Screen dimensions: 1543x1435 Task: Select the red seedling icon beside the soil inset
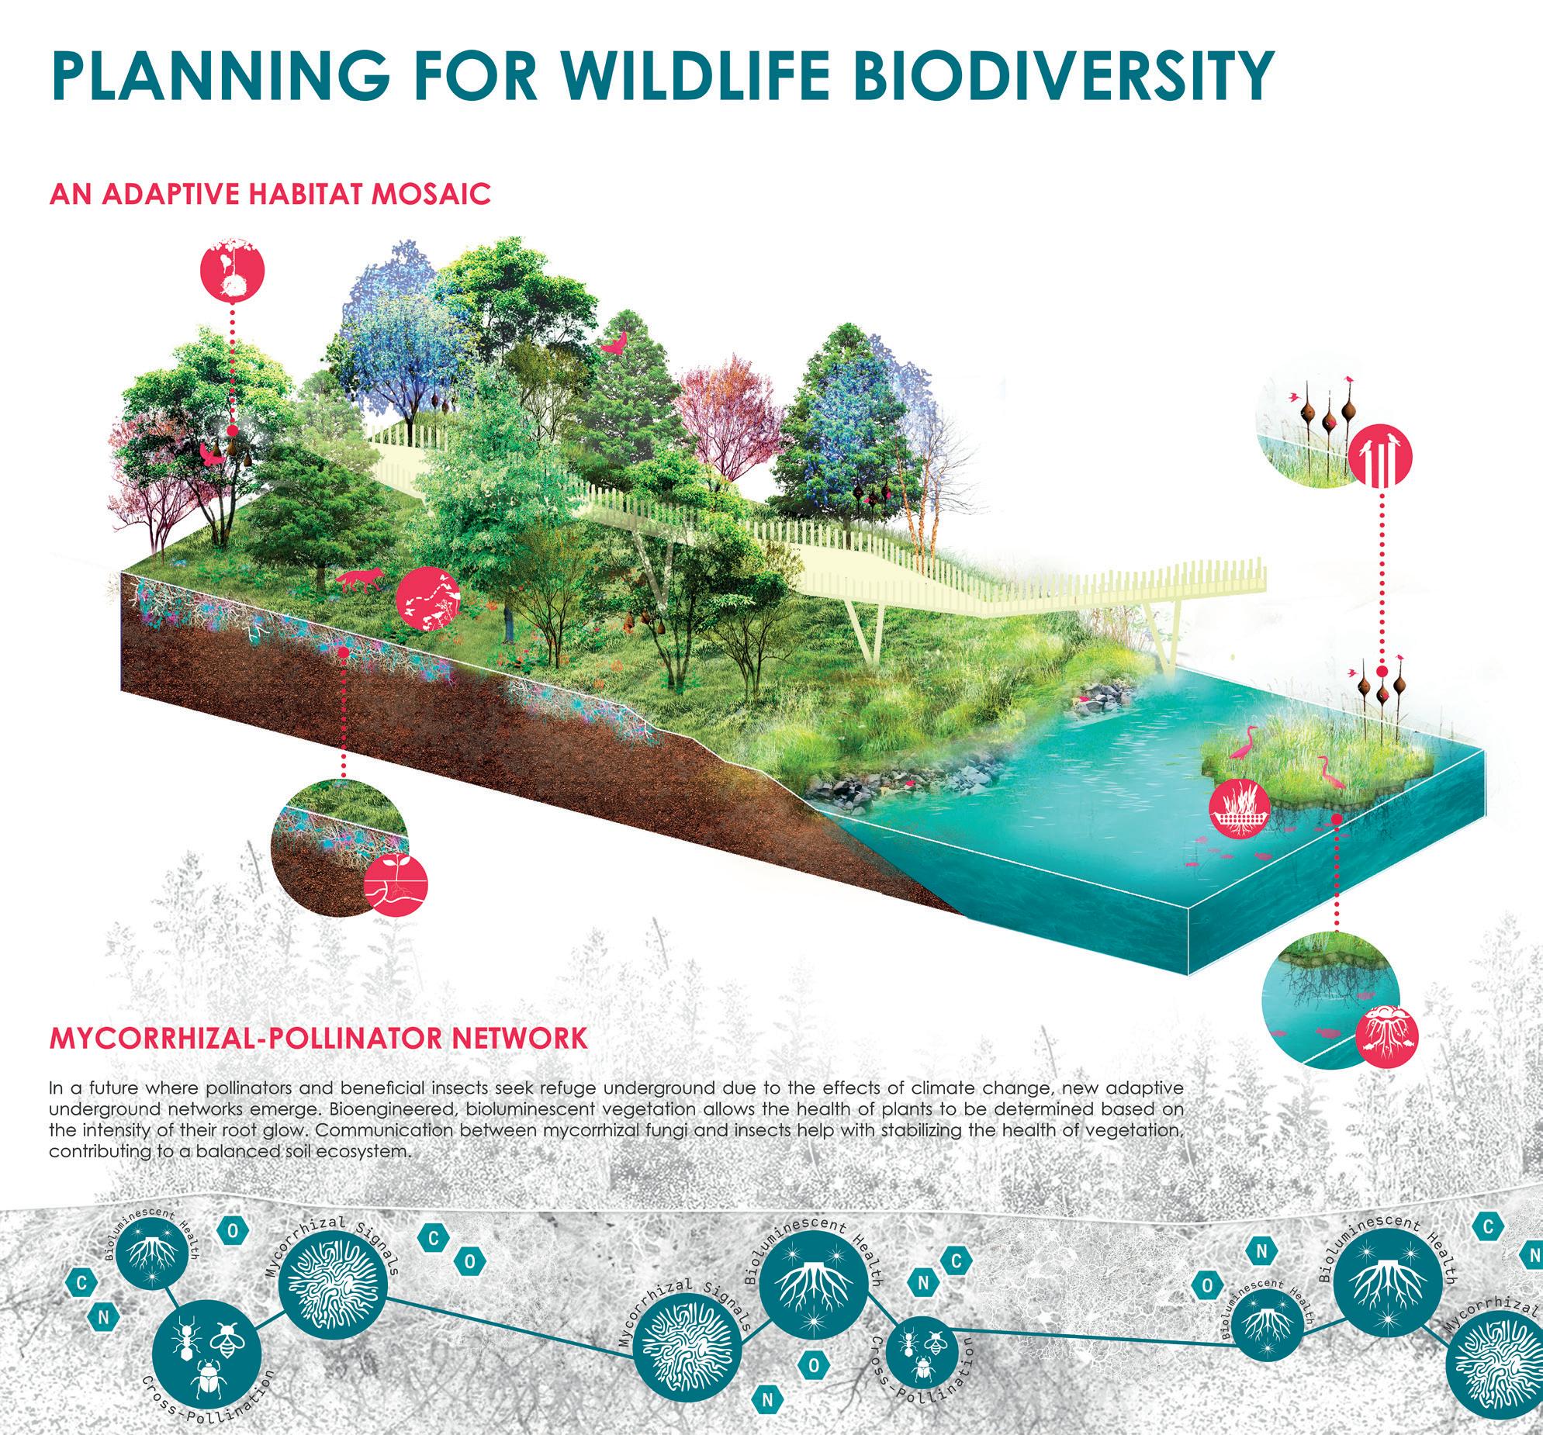point(396,888)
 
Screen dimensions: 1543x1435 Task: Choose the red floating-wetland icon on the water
point(1240,811)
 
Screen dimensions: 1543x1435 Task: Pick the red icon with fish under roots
point(1387,1039)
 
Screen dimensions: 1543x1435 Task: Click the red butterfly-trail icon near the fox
point(427,600)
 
